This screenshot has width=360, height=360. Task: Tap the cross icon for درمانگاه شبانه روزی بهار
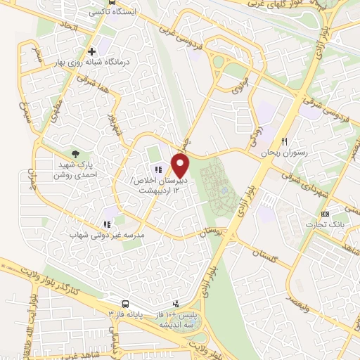pos(91,51)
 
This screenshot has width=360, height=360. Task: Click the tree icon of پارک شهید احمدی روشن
pos(75,154)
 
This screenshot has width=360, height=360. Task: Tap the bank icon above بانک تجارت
pos(325,214)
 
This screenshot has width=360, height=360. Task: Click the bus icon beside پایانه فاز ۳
pos(124,304)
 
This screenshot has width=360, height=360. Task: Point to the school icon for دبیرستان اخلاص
pos(157,169)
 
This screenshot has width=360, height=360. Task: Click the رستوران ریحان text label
pos(261,153)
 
